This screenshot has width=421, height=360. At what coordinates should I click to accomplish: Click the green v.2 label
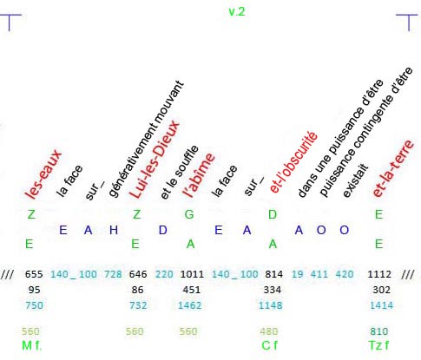tap(237, 11)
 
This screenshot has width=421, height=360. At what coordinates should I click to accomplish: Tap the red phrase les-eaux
tap(43, 174)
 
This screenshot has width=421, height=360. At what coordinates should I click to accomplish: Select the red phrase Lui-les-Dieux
tap(155, 160)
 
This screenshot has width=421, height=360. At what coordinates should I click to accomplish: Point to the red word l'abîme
tap(199, 175)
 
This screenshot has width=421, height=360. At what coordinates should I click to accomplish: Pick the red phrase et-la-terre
tap(393, 168)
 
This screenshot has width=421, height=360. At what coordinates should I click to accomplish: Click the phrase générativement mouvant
tap(146, 139)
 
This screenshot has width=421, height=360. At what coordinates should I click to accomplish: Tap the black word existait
tap(356, 180)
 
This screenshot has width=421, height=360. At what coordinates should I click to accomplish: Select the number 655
tap(34, 274)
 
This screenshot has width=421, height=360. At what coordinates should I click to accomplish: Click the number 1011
tap(192, 274)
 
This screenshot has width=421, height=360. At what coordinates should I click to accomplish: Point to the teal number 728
tap(113, 274)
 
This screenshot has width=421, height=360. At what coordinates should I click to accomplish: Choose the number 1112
tap(379, 274)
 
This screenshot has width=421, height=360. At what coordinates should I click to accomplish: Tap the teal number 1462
tap(189, 305)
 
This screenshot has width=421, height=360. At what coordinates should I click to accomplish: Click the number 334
tap(273, 290)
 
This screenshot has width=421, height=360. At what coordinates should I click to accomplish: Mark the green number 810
tap(379, 331)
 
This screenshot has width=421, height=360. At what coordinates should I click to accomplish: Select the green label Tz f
tap(378, 345)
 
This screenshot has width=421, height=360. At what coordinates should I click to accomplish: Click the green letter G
tap(189, 214)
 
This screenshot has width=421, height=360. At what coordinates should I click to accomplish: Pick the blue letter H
tap(114, 230)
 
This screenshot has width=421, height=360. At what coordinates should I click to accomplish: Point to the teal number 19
tap(297, 274)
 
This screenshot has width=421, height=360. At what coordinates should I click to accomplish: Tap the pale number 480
tap(269, 331)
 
